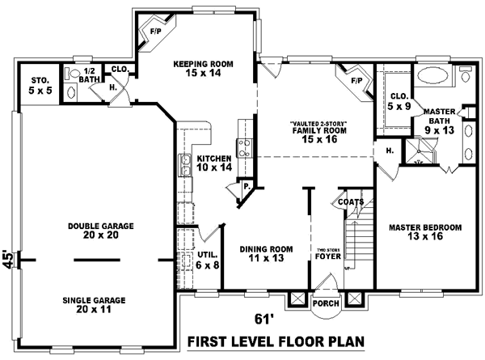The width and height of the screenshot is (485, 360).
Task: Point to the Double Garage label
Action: click(x=101, y=231)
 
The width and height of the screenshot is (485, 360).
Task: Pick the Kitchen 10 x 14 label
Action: click(x=214, y=163)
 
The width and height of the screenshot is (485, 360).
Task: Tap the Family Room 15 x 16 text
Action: click(x=313, y=133)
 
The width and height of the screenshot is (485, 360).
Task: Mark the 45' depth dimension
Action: click(x=8, y=260)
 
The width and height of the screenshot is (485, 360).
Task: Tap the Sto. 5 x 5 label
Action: click(x=41, y=85)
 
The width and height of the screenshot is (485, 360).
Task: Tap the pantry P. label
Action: click(x=245, y=187)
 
